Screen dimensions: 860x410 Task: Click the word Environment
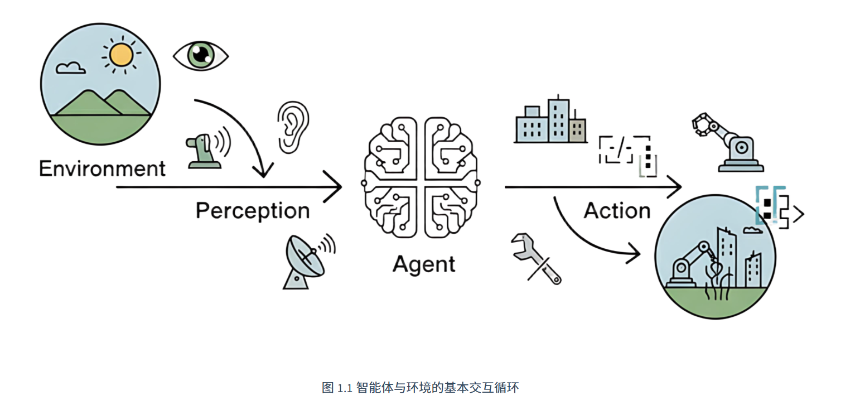pos(102,168)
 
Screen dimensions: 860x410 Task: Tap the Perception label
pos(252,211)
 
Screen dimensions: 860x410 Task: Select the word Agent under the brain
pos(423,263)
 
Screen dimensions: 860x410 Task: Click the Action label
pos(617,211)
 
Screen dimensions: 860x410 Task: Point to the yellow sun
pos(121,55)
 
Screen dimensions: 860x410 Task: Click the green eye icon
pos(200,55)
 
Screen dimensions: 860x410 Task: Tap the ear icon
pos(292,127)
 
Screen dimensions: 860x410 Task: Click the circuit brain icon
pos(422,177)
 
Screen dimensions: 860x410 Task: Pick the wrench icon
pos(535,259)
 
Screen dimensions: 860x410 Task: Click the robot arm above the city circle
pos(725,141)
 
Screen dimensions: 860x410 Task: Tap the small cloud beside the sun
pos(71,68)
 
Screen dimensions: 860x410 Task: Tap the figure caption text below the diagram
pos(420,388)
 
